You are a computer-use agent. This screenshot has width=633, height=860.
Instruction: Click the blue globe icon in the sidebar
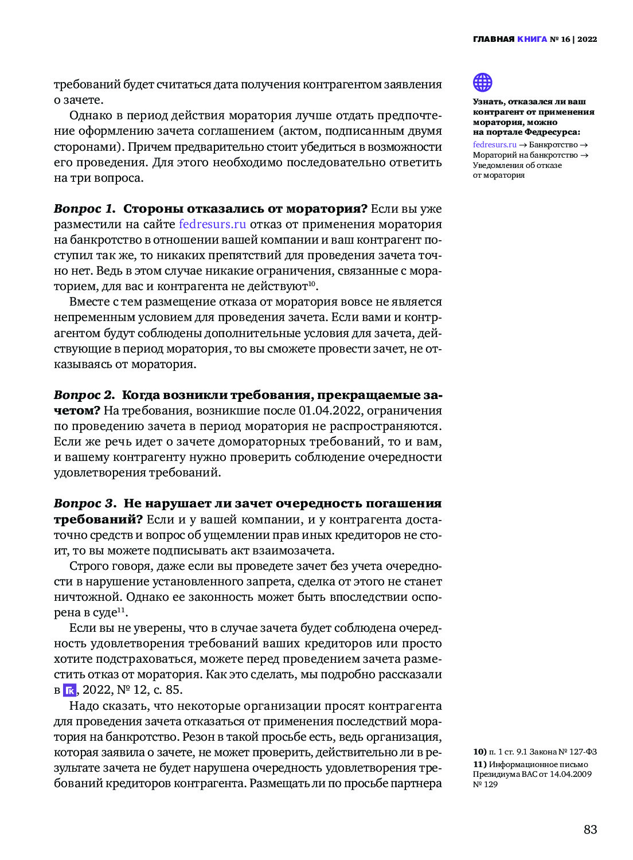pyautogui.click(x=482, y=83)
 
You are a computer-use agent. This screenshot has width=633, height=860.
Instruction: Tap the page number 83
pyautogui.click(x=590, y=830)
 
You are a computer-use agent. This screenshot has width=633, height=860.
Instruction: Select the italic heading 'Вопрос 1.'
pyautogui.click(x=85, y=209)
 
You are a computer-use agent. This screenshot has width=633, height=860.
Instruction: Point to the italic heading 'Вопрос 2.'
pyautogui.click(x=84, y=395)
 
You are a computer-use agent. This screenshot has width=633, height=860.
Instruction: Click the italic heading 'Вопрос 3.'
pyautogui.click(x=85, y=503)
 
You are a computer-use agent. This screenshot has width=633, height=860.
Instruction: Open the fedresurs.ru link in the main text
pyautogui.click(x=212, y=224)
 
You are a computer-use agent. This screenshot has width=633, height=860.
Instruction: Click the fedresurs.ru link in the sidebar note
pyautogui.click(x=494, y=145)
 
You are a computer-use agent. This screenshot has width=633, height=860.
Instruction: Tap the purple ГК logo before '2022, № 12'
pyautogui.click(x=69, y=690)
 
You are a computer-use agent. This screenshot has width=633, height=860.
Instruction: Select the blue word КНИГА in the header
pyautogui.click(x=532, y=40)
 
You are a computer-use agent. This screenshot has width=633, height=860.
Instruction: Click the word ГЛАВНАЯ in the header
pyautogui.click(x=493, y=40)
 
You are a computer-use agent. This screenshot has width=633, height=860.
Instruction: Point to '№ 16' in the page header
pyautogui.click(x=560, y=40)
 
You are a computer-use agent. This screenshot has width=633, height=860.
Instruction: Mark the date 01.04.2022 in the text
pyautogui.click(x=330, y=411)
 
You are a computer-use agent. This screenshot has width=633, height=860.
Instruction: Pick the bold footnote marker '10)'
pyautogui.click(x=479, y=752)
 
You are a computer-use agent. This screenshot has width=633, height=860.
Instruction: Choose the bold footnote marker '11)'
pyautogui.click(x=479, y=764)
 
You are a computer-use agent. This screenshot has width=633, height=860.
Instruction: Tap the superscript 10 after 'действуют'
pyautogui.click(x=311, y=284)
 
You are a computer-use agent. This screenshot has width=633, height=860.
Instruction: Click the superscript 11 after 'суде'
pyautogui.click(x=121, y=609)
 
